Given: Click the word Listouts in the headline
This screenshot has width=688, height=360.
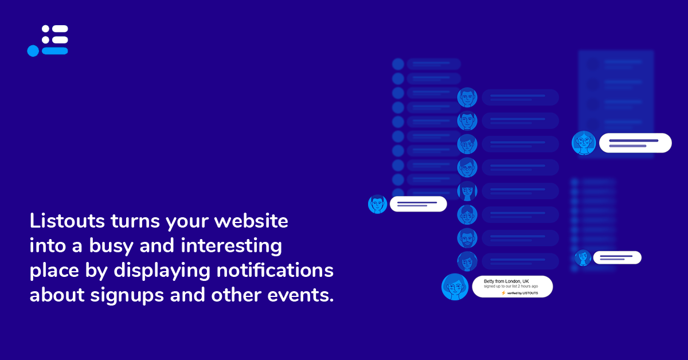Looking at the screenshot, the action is [x=67, y=221].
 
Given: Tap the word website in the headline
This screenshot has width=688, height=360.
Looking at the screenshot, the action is [x=251, y=221].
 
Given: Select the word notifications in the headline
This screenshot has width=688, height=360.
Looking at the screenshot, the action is [x=275, y=271].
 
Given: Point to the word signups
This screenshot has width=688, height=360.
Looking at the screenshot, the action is [x=127, y=295].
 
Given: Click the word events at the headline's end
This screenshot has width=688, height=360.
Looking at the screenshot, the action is [x=300, y=295].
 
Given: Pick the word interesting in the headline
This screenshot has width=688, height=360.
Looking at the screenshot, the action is [x=231, y=246].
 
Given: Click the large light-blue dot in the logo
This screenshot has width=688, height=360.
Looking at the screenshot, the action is [x=33, y=50].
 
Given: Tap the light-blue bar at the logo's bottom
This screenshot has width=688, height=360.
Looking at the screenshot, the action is [x=55, y=50].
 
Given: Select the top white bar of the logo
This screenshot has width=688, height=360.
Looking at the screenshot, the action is [x=60, y=29].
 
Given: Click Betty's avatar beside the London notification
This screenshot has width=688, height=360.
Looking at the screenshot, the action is [x=455, y=287].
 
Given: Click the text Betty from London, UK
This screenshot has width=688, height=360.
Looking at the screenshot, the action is [x=506, y=281].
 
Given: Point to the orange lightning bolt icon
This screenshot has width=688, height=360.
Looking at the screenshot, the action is [x=503, y=293].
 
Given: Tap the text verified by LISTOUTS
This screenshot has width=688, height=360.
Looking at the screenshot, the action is [x=522, y=293].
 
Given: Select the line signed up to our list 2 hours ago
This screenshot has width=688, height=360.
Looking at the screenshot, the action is [x=511, y=286].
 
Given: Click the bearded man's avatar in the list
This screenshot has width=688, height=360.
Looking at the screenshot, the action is [x=467, y=238].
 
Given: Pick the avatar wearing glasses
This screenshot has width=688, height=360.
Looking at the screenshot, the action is [x=467, y=167].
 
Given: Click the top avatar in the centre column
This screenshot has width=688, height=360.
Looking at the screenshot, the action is [x=467, y=97].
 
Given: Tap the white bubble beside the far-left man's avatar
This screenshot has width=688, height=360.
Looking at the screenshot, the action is [x=419, y=204].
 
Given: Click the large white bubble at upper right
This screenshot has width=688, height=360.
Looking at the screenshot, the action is [x=635, y=143].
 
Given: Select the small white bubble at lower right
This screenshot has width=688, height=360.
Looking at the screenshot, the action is [x=617, y=257].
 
